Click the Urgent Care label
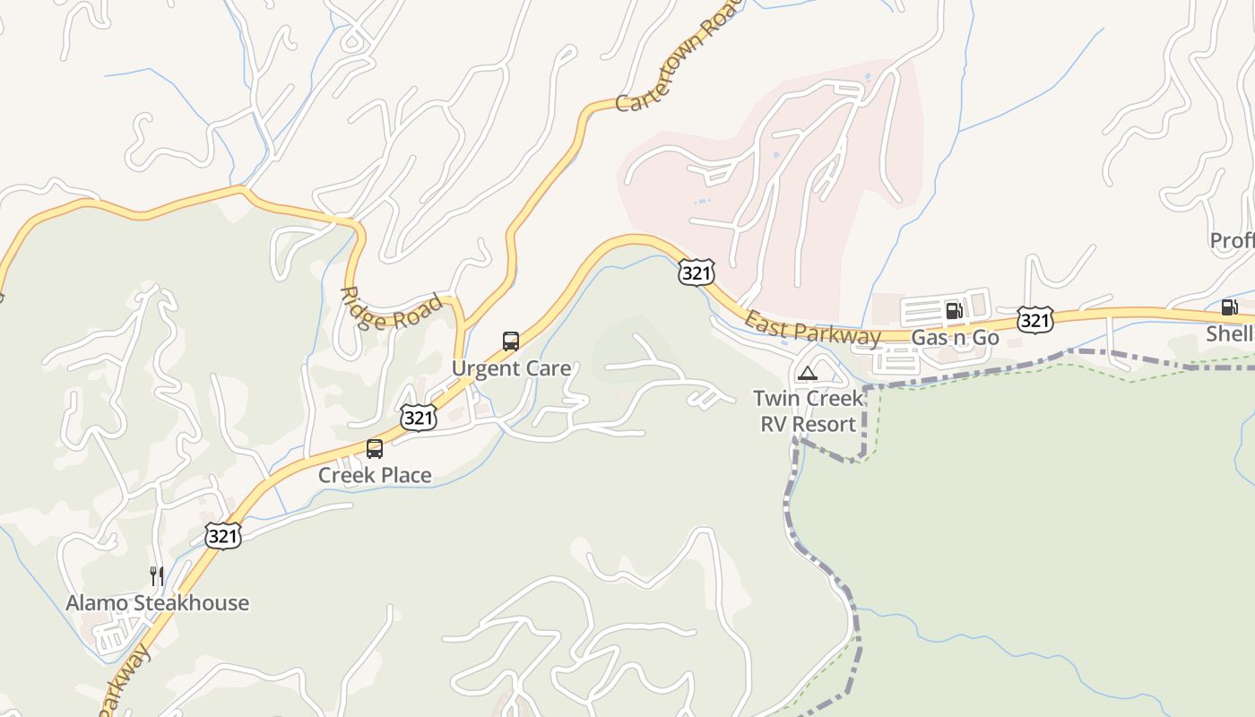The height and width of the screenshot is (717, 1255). pos(511,368)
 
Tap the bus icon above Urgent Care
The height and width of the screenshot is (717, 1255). pos(511,341)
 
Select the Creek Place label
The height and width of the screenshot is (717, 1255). pos(375,475)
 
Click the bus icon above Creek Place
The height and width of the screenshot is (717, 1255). pos(375,449)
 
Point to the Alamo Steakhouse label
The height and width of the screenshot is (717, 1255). pos(158,602)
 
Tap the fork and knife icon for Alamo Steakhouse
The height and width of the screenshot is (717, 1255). pos(157,575)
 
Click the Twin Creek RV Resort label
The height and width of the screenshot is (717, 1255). pos(808,410)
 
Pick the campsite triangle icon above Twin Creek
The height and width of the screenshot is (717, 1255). pos(808,373)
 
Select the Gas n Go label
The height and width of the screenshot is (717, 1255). pos(955,338)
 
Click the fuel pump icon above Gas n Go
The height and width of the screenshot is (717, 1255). pos(954,311)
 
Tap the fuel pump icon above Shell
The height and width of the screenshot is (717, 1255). pos(1229,307)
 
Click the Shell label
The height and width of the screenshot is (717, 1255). pos(1229,333)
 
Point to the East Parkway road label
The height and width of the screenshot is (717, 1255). pos(813,329)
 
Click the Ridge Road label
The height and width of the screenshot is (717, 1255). pos(392,310)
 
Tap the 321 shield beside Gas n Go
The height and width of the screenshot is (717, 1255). pos(1034,320)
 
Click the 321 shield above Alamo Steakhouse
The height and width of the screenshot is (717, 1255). pos(222,536)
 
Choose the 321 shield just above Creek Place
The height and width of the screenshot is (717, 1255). pos(419,417)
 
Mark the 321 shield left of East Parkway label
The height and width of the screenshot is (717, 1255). pos(697,273)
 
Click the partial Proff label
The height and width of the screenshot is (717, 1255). pos(1232,240)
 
